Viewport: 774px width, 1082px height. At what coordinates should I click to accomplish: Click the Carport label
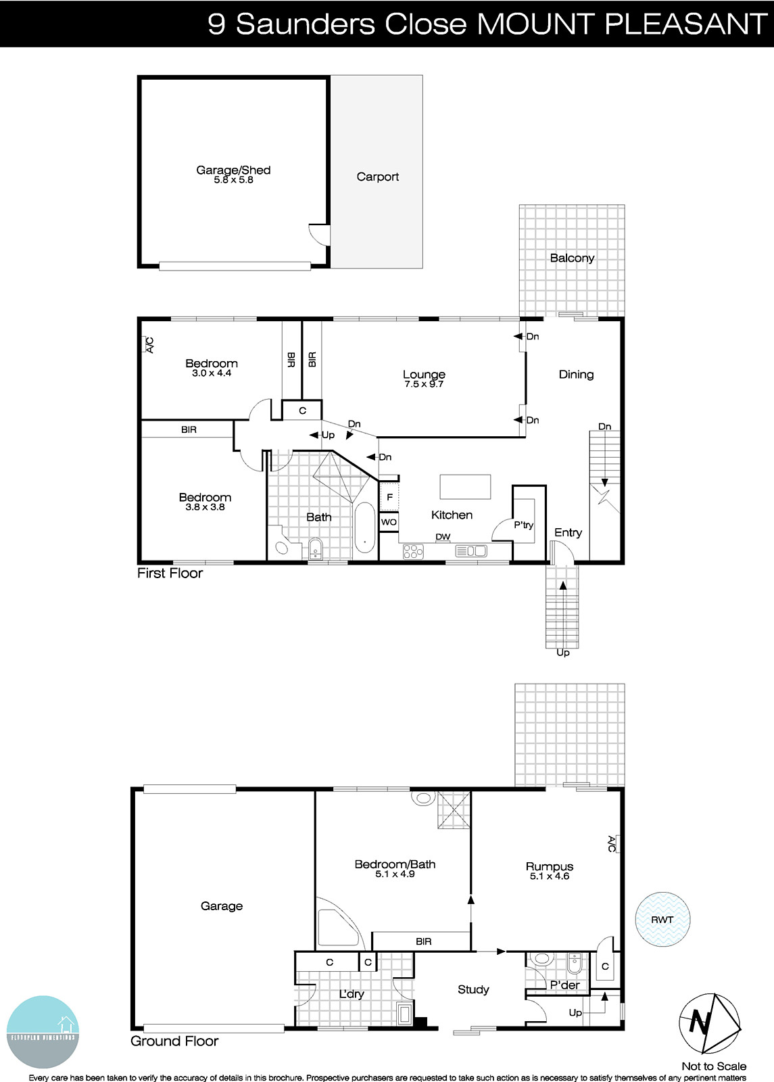coord(377,177)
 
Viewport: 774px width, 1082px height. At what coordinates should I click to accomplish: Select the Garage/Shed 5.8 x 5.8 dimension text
coord(233,181)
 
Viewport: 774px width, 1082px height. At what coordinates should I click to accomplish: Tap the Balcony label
coord(572,258)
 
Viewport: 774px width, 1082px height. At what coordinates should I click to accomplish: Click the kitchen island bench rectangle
coord(465,486)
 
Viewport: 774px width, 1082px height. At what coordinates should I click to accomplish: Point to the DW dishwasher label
coord(443,537)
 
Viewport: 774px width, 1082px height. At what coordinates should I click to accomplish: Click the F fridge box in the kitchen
coord(389,498)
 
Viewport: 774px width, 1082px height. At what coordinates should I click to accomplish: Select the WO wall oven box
coord(389,522)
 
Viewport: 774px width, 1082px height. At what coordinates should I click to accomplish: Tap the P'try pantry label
coord(523,525)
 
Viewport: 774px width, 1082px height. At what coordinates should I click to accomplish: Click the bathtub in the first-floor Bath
coord(364,528)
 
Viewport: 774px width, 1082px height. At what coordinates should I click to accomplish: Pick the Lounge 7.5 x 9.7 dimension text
coord(424,384)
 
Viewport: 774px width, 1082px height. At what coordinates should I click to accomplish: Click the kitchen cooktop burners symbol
coord(412,551)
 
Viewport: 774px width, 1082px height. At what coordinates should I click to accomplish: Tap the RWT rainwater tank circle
coord(662,920)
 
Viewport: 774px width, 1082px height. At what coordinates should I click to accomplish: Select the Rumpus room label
coord(549,866)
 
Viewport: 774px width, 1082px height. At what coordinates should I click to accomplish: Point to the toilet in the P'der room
coord(541,960)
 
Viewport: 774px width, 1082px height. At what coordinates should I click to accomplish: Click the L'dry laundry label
coord(351,994)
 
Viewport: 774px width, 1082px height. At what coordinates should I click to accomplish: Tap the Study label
coord(473,989)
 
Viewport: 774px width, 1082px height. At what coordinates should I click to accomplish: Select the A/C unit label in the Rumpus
coord(612,843)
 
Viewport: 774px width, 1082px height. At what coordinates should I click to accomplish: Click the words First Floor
coord(170,573)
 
